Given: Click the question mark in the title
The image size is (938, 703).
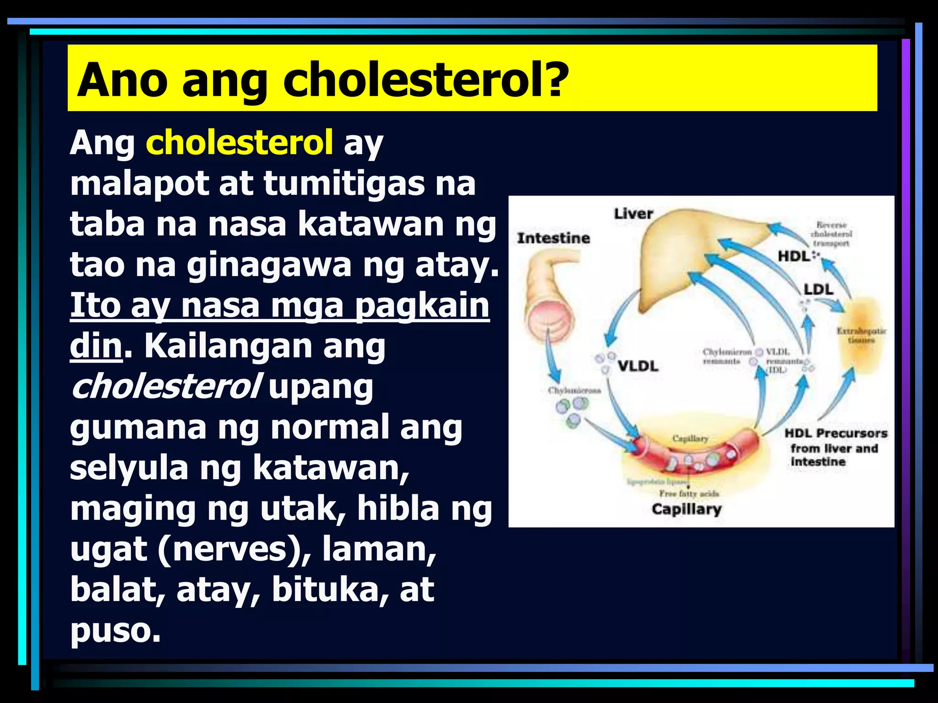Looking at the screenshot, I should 556,80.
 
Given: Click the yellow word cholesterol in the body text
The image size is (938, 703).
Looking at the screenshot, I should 239,142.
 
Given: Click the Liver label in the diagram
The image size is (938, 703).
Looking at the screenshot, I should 633,214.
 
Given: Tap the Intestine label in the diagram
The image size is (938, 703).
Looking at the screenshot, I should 553,238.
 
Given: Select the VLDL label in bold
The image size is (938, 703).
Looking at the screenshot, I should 638,366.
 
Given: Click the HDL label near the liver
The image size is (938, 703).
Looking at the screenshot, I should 794,256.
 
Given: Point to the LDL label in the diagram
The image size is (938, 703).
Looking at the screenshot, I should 818,290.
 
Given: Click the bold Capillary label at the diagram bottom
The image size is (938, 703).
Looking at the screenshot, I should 686,509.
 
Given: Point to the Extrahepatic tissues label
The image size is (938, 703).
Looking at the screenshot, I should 861,335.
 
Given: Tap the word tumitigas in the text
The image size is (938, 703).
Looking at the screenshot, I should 344,184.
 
